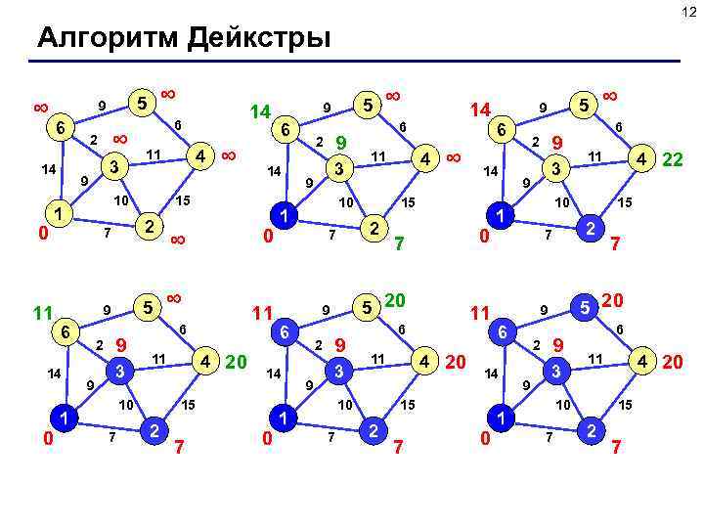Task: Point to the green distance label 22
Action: coord(673,157)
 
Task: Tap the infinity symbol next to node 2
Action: coord(178,239)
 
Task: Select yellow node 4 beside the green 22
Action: coord(640,157)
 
